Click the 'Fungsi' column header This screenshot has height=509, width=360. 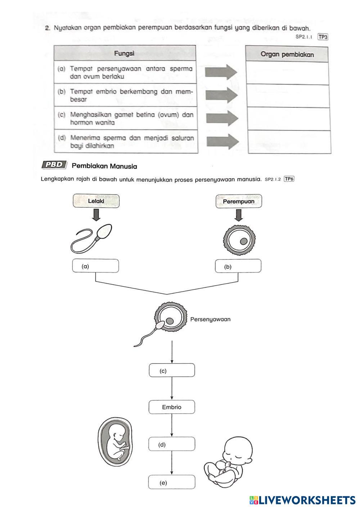pyautogui.click(x=125, y=53)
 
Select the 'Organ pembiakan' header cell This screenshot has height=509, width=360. pyautogui.click(x=287, y=54)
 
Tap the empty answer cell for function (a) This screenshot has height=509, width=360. pyautogui.click(x=287, y=73)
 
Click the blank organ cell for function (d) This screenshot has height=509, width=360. pyautogui.click(x=289, y=142)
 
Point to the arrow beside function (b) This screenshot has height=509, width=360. pyautogui.click(x=221, y=95)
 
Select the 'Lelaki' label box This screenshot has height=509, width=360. pyautogui.click(x=96, y=201)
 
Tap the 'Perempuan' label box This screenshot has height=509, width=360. pyautogui.click(x=238, y=201)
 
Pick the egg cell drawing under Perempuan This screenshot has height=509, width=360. pyautogui.click(x=239, y=240)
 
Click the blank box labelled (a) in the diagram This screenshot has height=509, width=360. pyautogui.click(x=95, y=266)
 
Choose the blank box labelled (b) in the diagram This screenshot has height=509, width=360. pyautogui.click(x=238, y=266)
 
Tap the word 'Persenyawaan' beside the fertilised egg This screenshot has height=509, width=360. pyautogui.click(x=210, y=319)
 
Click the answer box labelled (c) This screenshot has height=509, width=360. pyautogui.click(x=172, y=370)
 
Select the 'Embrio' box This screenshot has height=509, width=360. pyautogui.click(x=172, y=407)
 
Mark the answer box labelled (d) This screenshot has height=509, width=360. pyautogui.click(x=172, y=444)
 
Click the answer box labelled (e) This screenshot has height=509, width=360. pyautogui.click(x=172, y=482)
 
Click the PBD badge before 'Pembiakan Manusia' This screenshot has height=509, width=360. pyautogui.click(x=54, y=165)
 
